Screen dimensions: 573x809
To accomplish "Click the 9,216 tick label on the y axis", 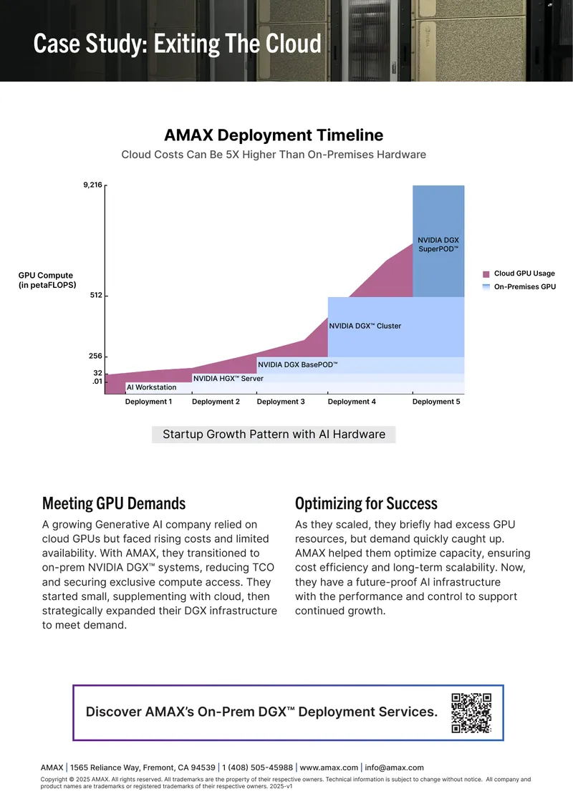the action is click(x=92, y=185).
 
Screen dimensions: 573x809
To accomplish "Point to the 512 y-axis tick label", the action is click(x=96, y=295).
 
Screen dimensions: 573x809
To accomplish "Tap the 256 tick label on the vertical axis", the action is click(x=95, y=356).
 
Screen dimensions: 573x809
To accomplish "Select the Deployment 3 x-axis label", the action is click(x=281, y=402).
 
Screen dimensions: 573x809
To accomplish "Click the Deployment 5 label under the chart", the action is click(x=436, y=402).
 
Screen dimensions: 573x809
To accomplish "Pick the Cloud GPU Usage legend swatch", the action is click(x=486, y=274).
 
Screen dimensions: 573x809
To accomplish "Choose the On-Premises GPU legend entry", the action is click(x=519, y=287).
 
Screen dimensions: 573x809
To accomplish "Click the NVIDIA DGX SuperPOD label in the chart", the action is click(x=438, y=245).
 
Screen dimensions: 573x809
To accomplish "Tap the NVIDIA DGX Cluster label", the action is click(x=365, y=326).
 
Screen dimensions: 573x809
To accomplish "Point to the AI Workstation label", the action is click(x=152, y=387).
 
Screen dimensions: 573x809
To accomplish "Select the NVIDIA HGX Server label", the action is click(x=228, y=378).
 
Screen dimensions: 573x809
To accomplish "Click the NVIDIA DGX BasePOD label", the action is click(x=298, y=364).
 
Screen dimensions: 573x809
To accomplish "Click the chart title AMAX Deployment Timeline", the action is click(x=274, y=135).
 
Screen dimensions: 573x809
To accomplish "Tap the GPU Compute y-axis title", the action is click(x=47, y=280).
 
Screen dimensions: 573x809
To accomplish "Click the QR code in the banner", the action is click(x=471, y=713).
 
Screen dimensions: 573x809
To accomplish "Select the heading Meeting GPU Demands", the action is click(x=114, y=503).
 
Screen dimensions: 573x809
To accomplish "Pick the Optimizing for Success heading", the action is click(x=366, y=503).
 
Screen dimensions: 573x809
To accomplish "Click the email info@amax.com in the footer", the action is click(x=395, y=767).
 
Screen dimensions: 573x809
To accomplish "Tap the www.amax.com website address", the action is click(x=329, y=767).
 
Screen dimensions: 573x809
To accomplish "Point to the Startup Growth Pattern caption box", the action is click(x=274, y=435).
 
